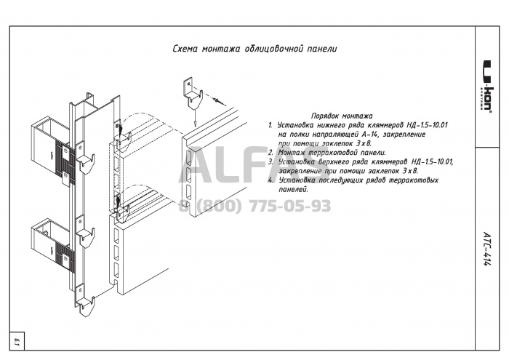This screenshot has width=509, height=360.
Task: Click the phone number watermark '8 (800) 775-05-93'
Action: (255, 206)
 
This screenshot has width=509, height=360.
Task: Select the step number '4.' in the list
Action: (270, 179)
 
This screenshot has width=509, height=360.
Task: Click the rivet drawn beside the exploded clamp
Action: (219, 97)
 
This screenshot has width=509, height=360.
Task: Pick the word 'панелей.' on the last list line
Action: (293, 188)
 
